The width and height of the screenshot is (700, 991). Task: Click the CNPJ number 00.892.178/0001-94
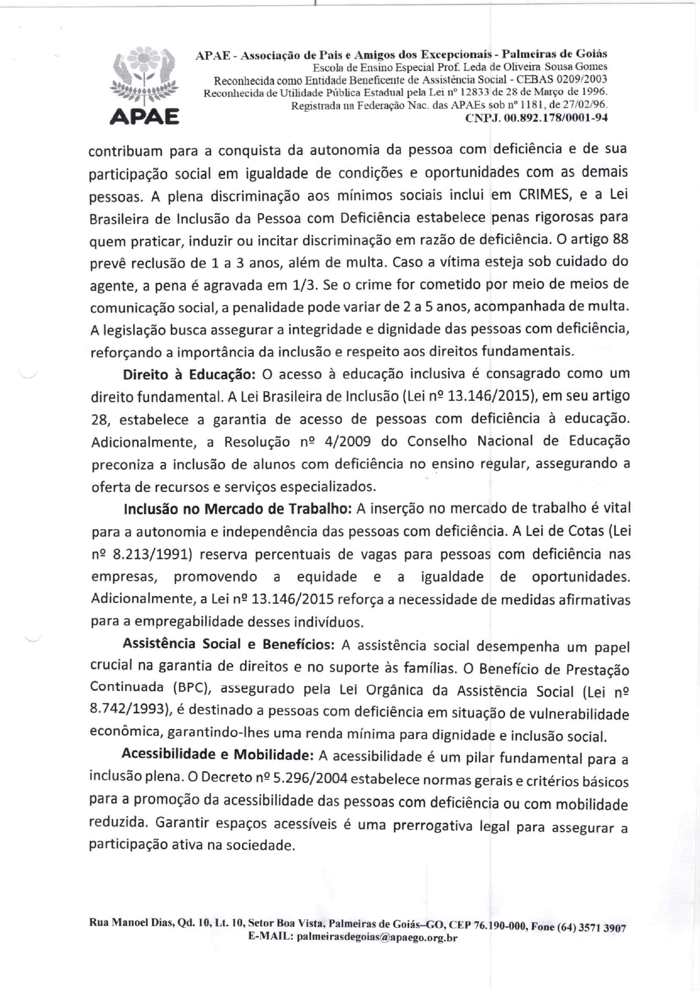coord(536,118)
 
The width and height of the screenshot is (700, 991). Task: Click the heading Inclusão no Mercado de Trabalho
coord(238,509)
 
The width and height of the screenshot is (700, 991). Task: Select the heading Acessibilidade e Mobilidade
coord(218,755)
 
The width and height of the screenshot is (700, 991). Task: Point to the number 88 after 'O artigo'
coord(620,239)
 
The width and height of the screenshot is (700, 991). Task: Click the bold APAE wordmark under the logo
coord(145,117)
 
